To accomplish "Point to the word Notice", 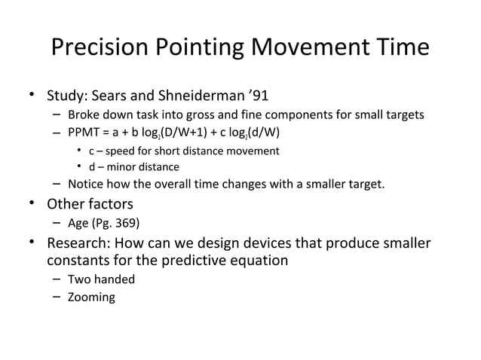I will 85,185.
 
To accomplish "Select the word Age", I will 78,223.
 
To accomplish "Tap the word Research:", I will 78,244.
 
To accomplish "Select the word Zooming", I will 92,297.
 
